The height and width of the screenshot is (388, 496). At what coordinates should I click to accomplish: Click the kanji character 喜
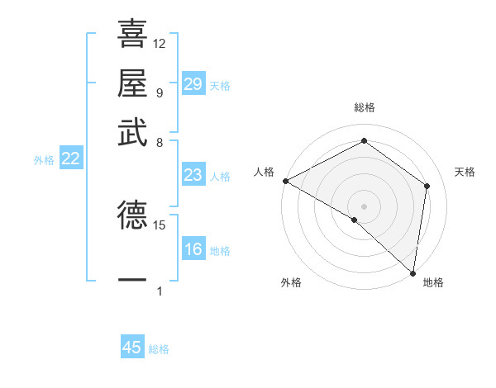(x=132, y=35)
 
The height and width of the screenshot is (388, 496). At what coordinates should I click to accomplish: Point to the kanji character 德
(x=132, y=215)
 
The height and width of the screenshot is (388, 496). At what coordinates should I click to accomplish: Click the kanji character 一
(x=132, y=281)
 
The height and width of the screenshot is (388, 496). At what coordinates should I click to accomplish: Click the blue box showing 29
(x=193, y=84)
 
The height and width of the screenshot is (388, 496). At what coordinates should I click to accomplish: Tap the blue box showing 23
(x=193, y=175)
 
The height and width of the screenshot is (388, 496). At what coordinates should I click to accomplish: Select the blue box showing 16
(x=193, y=249)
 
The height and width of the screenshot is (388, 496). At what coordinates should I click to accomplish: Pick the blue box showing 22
(x=70, y=159)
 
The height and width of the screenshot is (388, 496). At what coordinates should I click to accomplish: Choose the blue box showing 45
(x=132, y=348)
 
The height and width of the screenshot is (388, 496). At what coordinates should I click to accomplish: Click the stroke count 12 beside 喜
(x=160, y=43)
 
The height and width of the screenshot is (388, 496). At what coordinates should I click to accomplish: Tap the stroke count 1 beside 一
(x=160, y=291)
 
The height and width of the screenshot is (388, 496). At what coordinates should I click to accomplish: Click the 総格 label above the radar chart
(x=365, y=107)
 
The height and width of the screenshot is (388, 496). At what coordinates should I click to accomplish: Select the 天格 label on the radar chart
(x=465, y=172)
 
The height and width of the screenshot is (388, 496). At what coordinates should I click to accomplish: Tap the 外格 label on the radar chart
(x=291, y=282)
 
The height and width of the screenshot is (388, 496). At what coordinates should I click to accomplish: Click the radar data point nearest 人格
(x=285, y=181)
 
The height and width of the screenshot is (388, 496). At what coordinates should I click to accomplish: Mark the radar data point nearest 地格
(x=413, y=272)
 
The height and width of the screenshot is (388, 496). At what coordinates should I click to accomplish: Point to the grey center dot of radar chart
(x=365, y=206)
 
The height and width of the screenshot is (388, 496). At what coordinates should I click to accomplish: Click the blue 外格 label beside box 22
(x=43, y=160)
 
